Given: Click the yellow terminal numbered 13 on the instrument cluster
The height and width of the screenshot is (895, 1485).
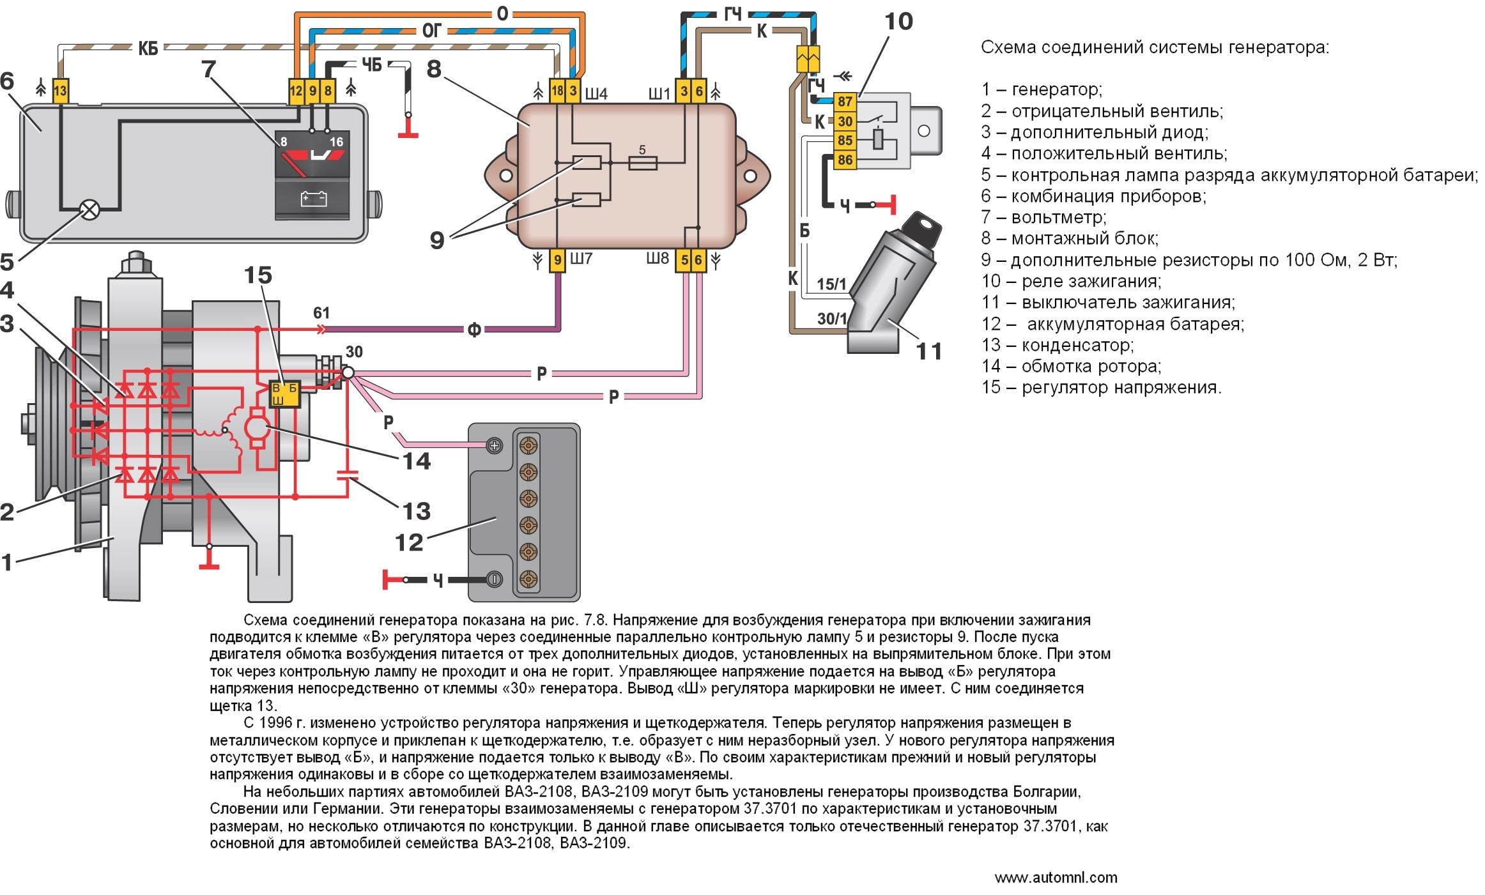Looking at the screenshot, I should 59,91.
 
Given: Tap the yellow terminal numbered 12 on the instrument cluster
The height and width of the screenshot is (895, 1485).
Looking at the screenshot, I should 295,91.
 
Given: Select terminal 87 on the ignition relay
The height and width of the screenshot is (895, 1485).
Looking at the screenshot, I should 845,102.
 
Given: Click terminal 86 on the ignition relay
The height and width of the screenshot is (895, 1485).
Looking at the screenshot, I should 845,160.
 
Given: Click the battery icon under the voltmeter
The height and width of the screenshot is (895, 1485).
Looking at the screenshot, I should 313,199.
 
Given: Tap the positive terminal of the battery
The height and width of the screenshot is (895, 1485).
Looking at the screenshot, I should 494,446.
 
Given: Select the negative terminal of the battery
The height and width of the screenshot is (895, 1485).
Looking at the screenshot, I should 494,580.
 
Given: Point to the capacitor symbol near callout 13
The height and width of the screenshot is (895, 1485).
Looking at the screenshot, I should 348,475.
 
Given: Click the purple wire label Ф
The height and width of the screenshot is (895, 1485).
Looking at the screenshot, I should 473,330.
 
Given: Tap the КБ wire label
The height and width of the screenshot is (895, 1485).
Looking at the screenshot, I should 148,48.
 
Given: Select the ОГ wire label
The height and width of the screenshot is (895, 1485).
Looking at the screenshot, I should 432,30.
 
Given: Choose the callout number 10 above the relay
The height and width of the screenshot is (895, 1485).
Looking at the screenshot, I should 898,22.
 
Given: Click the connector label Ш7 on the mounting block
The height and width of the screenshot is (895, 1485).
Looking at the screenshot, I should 580,259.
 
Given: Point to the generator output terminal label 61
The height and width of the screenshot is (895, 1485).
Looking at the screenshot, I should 321,313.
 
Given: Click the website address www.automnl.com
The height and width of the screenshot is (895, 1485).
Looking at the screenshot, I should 1056,878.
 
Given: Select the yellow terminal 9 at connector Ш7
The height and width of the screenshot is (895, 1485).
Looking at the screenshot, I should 558,260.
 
